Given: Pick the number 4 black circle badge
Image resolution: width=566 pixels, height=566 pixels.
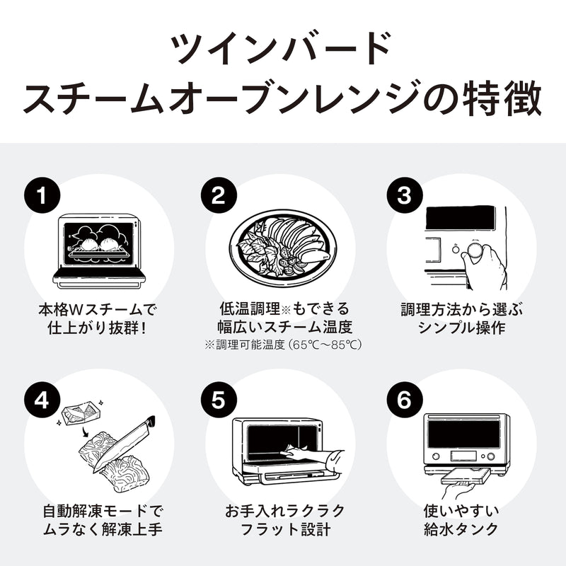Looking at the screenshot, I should click(42, 400).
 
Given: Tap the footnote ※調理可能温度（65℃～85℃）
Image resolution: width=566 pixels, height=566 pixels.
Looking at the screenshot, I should click(283, 345).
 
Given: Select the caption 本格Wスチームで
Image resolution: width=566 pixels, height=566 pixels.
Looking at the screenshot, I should click(98, 309).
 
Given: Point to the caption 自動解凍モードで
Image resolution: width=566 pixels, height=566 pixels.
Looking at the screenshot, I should click(98, 511).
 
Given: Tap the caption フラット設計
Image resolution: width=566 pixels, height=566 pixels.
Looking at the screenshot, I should click(283, 529).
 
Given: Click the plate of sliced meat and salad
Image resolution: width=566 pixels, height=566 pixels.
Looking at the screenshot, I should click(284, 248).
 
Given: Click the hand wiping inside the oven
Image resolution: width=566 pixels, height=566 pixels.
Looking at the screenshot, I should click(304, 453).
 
